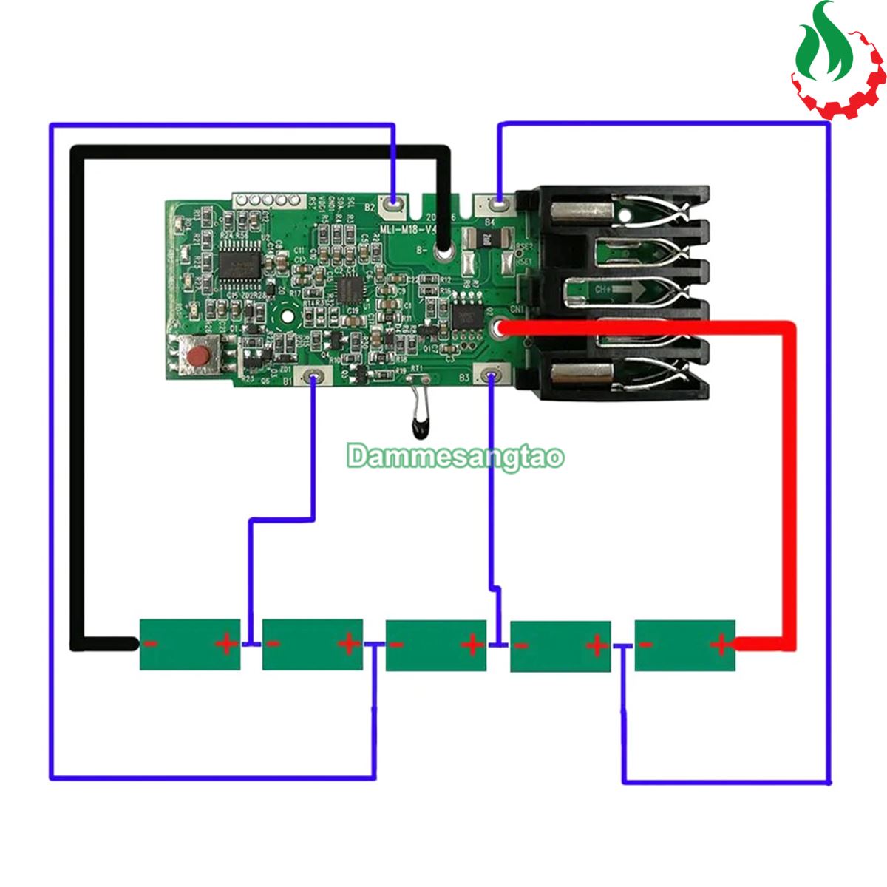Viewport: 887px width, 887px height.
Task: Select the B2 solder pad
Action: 394,203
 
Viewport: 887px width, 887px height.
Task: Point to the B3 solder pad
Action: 490,376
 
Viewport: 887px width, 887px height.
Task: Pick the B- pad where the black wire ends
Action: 443,253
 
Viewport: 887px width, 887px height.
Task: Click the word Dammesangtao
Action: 455,457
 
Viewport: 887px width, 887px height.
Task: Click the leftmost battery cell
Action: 190,644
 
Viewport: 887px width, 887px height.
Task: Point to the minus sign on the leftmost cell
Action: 150,643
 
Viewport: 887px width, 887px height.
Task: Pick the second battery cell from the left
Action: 313,645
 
